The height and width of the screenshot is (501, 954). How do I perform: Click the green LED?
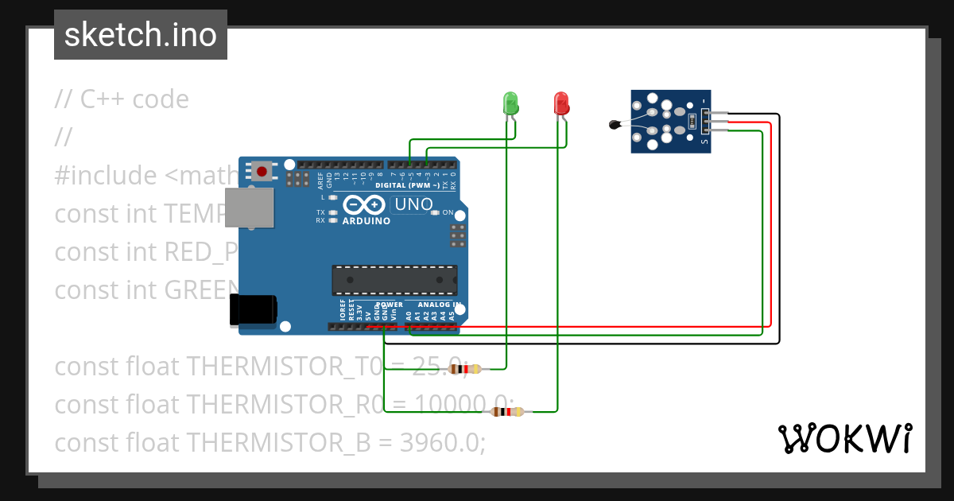[x=510, y=103]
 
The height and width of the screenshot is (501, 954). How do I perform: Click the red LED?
[x=561, y=103]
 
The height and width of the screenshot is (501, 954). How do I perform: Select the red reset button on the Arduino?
[x=262, y=170]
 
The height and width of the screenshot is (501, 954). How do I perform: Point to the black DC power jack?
[x=253, y=309]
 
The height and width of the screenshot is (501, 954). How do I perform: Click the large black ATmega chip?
[x=395, y=280]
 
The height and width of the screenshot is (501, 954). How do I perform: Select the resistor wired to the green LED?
[x=465, y=368]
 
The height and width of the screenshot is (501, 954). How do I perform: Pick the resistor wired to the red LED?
[x=508, y=411]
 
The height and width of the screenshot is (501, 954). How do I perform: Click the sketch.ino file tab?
[x=141, y=35]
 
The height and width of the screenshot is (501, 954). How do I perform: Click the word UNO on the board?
[x=413, y=204]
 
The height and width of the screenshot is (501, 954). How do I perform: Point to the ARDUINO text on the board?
[x=366, y=221]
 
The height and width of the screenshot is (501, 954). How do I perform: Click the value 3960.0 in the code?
[x=442, y=443]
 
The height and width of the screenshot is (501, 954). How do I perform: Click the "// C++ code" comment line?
[x=122, y=99]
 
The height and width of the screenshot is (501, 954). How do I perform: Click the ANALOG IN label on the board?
[x=439, y=305]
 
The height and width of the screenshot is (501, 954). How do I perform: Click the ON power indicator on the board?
[x=447, y=212]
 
